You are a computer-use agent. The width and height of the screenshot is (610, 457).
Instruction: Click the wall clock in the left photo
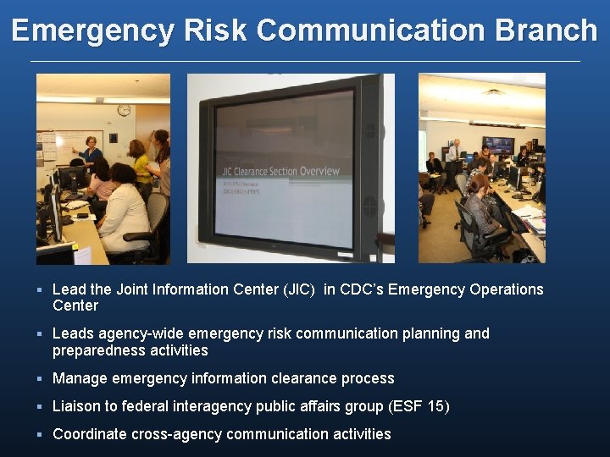click(x=124, y=110)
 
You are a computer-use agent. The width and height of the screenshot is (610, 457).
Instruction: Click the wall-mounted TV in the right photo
click(x=497, y=145)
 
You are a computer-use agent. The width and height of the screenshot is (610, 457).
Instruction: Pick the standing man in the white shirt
click(x=454, y=152)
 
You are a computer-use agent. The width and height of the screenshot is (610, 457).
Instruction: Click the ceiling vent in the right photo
click(x=492, y=91)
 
